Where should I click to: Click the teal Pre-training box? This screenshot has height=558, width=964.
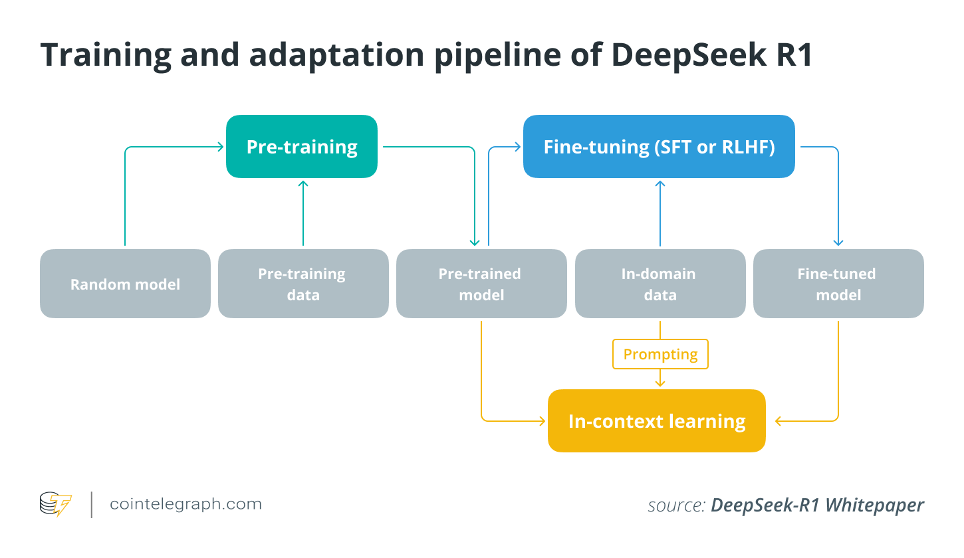tap(302, 147)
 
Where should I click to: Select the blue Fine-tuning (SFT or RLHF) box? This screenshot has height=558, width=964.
tap(659, 147)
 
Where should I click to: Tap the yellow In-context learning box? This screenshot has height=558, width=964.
tap(657, 421)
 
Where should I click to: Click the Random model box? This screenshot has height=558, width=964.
tap(125, 284)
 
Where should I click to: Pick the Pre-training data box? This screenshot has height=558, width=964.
tap(303, 284)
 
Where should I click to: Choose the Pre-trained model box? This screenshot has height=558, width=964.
tap(481, 284)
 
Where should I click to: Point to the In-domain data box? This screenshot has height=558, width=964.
tap(660, 284)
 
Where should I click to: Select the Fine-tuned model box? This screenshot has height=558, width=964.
tap(838, 284)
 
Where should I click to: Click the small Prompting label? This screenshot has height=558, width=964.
tap(660, 355)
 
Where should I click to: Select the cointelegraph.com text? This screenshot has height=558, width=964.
tap(185, 504)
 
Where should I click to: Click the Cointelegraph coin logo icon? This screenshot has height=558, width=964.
tap(55, 505)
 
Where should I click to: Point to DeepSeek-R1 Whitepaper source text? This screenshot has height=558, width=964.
tap(817, 506)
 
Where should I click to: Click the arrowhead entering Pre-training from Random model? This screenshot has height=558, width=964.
tap(220, 147)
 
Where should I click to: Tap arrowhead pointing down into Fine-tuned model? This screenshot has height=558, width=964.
tap(838, 242)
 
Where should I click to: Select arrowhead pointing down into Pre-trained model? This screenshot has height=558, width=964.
tap(475, 242)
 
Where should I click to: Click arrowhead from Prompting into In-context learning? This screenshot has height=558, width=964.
tap(660, 383)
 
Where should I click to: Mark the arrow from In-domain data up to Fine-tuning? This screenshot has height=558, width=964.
tap(660, 213)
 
